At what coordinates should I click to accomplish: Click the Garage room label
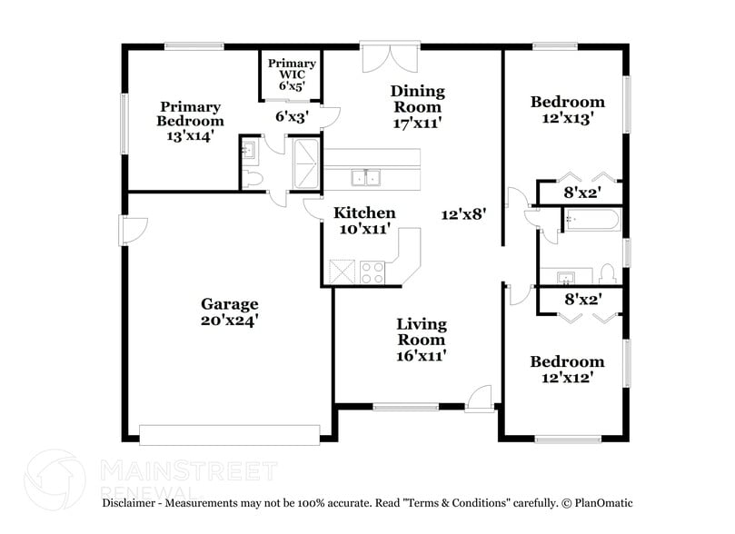230,304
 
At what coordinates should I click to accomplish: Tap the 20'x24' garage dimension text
230,321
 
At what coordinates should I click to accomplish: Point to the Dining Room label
417,91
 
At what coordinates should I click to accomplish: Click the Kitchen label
364,213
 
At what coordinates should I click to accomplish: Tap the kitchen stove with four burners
372,272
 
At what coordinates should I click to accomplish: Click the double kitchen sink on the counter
367,177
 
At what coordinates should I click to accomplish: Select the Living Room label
421,331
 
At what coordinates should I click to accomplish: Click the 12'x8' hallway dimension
464,215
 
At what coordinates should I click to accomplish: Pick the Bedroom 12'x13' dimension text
568,118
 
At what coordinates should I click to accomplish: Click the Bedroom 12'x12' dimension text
568,378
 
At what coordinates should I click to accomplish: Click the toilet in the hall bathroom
608,273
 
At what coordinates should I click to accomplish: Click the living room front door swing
479,398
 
